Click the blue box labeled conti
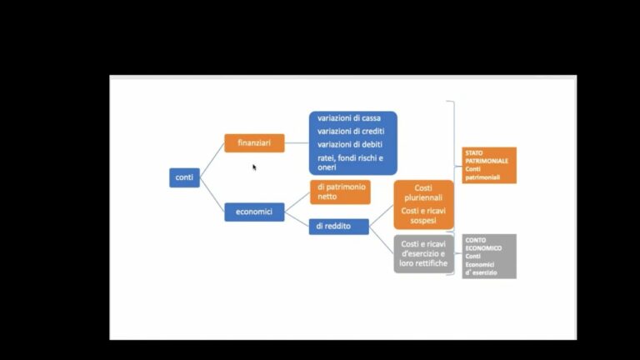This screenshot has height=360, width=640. coord(184,177)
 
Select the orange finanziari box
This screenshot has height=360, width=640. coord(254,142)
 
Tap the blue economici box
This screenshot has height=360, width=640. coord(254,212)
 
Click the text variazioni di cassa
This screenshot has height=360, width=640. coord(349,118)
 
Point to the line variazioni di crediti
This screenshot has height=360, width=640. coord(351,131)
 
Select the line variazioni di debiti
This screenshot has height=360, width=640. coord(350,144)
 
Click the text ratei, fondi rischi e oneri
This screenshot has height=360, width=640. coord(350,162)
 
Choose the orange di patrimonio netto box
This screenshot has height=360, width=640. coord(340,192)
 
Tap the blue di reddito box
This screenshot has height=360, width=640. coord(339,227)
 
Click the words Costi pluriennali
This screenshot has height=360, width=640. coord(423,192)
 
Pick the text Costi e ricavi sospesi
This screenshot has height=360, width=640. coord(423,216)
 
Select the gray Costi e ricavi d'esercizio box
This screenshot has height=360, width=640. coord(423,254)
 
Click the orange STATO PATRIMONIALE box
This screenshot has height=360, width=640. coord(489,165)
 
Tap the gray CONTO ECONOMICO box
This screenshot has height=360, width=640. coord(489,257)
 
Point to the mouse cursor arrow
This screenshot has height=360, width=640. coord(254,167)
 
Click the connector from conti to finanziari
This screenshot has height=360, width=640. coord(212,160)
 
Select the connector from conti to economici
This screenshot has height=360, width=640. coord(212,195)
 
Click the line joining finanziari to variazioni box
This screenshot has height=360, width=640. coord(297,142)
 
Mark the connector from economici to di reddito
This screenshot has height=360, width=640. coord(297,219)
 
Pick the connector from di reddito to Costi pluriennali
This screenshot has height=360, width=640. coord(381,216)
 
